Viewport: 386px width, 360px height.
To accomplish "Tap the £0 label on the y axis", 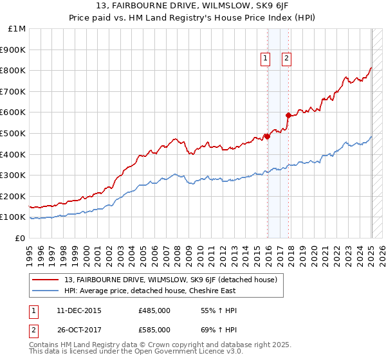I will point(21,238).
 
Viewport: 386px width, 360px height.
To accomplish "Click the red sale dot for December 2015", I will point(267,136).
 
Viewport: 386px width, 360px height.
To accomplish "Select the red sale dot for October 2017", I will point(288,115).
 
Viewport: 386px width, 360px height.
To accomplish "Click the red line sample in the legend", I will point(46,280).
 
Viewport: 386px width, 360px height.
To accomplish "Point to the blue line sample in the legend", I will point(46,291).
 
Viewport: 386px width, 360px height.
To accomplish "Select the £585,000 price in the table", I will point(154,330).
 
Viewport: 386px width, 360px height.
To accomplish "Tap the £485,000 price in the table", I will point(154,310).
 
